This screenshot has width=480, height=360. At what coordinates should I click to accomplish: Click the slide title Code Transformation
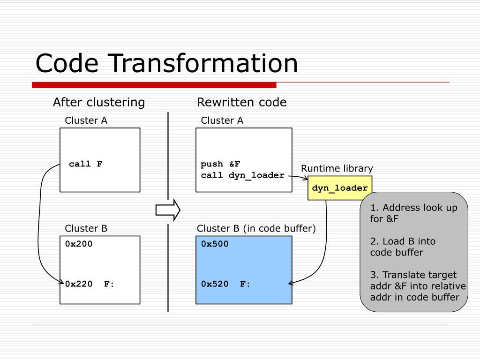pos(166,63)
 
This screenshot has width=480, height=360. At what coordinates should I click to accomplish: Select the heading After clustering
pos(99,102)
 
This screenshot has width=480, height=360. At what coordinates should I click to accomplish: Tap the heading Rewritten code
pos(241,102)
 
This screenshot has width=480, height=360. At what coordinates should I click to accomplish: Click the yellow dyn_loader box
pos(340,188)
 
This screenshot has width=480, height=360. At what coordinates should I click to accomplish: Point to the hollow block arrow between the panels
pos(168,210)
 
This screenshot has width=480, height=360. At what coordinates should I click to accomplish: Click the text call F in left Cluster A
pos(86,164)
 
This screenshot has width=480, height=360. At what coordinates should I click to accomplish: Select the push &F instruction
pos(220,164)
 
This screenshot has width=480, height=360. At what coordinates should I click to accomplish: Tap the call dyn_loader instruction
pos(242,175)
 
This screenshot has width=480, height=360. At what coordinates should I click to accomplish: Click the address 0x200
pos(79,244)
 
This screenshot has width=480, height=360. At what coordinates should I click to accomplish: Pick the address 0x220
pos(79,284)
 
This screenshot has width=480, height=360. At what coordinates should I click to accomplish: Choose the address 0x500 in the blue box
pos(215,244)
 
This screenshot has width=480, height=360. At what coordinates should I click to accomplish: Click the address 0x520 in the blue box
pos(215,284)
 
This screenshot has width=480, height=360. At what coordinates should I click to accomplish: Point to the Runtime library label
pos(337,168)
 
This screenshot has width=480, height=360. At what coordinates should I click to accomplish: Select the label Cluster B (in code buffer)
pos(256,228)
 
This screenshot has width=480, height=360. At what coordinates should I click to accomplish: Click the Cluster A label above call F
pos(86,120)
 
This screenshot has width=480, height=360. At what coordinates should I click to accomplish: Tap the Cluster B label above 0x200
pos(86,228)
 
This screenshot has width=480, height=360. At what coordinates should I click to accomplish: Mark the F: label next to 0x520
pos(245,284)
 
